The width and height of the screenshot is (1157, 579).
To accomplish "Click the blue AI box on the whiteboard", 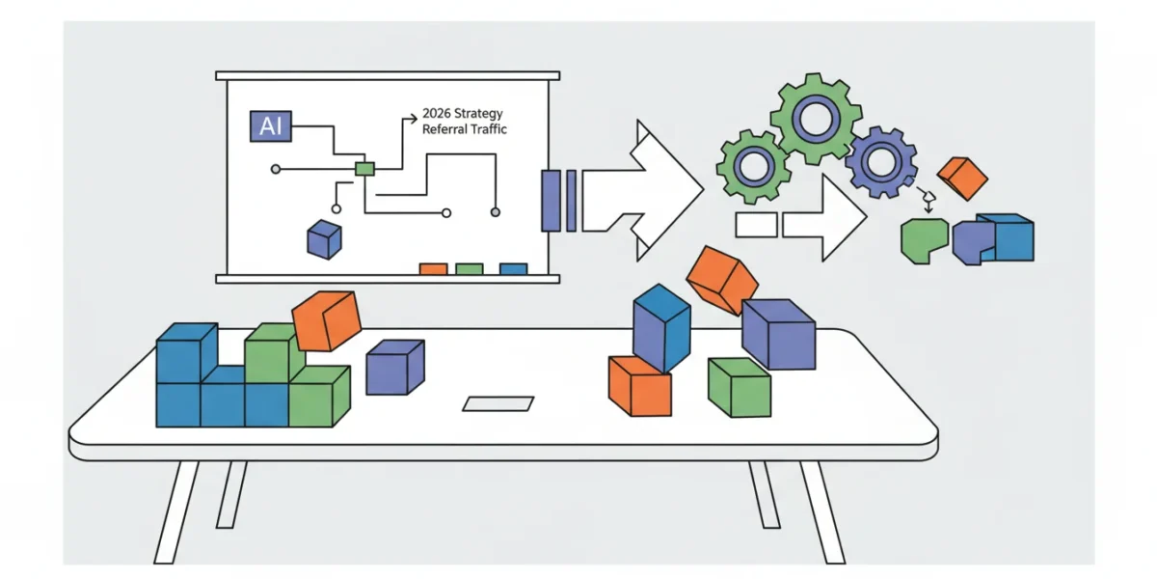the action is click(x=271, y=126).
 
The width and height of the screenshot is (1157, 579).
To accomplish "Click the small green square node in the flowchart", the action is click(x=364, y=169).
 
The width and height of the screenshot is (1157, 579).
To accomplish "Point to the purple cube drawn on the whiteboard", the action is click(x=324, y=239).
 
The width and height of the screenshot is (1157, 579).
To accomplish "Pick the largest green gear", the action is click(x=816, y=119).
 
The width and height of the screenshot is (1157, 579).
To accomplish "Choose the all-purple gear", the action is click(x=881, y=162).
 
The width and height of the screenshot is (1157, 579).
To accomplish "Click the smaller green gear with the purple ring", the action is click(x=754, y=166).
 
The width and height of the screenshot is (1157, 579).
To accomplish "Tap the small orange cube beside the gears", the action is click(x=962, y=179).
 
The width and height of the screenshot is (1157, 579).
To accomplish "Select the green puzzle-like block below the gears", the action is click(x=923, y=240).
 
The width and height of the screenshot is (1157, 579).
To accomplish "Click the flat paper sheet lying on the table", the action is click(x=498, y=403).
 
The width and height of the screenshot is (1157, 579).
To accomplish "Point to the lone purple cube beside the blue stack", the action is click(x=395, y=367).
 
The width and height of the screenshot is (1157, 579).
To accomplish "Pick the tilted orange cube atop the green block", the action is click(x=327, y=321).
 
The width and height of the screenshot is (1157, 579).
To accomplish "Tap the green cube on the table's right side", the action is click(x=740, y=388).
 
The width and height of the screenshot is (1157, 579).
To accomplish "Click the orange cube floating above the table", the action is click(x=722, y=280).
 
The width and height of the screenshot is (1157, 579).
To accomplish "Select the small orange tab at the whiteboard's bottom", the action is click(x=433, y=269).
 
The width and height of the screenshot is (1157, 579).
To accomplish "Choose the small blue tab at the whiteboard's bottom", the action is click(x=513, y=269).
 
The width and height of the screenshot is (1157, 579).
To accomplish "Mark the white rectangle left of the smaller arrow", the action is click(x=756, y=225).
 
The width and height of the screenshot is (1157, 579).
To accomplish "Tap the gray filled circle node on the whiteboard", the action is click(x=496, y=212).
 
